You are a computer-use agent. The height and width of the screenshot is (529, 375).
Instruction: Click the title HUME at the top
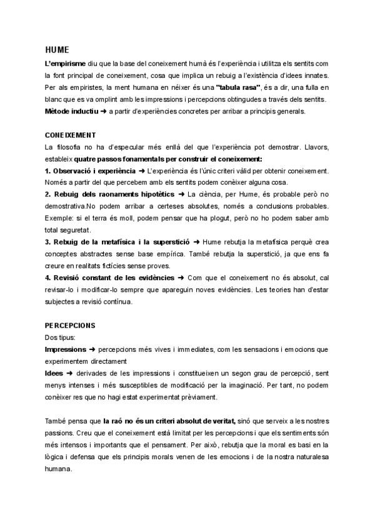57,49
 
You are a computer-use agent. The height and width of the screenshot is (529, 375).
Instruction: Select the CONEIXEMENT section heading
71,135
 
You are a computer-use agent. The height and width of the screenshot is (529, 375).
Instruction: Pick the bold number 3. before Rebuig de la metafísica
48,241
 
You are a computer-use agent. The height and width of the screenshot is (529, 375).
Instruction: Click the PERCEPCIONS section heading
69,326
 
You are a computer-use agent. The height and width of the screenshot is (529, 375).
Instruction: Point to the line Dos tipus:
60,337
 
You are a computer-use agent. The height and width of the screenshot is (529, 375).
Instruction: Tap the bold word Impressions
65,349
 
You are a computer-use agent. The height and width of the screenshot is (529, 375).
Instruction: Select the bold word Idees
54,373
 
